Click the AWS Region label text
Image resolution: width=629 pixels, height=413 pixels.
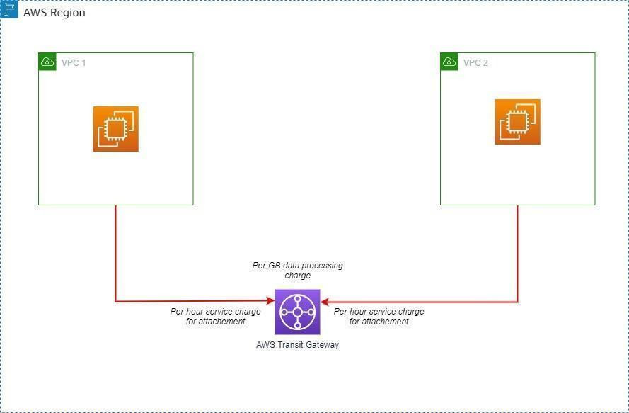tap(54, 13)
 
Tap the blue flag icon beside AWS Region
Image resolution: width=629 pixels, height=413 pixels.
tap(8, 9)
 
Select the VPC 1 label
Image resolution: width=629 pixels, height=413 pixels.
tap(74, 62)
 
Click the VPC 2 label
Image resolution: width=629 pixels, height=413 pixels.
tap(475, 62)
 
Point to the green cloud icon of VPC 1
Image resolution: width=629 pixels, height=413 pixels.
tap(47, 62)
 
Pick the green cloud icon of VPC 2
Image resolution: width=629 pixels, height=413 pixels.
tap(449, 62)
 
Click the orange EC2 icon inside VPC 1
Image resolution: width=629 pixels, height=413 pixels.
tap(116, 129)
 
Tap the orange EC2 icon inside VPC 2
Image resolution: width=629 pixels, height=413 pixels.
tap(517, 122)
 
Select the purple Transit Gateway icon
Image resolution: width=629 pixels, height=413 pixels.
tap(297, 312)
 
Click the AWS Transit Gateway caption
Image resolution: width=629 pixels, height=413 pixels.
tap(297, 345)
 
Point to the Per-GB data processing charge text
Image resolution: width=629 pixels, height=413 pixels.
tap(298, 271)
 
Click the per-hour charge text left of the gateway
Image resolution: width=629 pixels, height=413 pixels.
tap(215, 317)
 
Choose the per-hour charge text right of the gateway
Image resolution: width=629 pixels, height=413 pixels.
tap(379, 317)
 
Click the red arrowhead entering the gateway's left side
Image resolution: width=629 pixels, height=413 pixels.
tap(271, 300)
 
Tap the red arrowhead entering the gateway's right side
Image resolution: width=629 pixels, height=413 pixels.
tap(325, 302)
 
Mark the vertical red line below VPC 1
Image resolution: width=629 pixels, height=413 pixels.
tap(115, 253)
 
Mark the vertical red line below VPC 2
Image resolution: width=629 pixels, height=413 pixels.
tap(517, 254)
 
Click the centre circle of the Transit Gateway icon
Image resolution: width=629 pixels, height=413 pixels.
tap(297, 312)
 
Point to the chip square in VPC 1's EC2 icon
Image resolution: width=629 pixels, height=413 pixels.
tap(116, 129)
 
